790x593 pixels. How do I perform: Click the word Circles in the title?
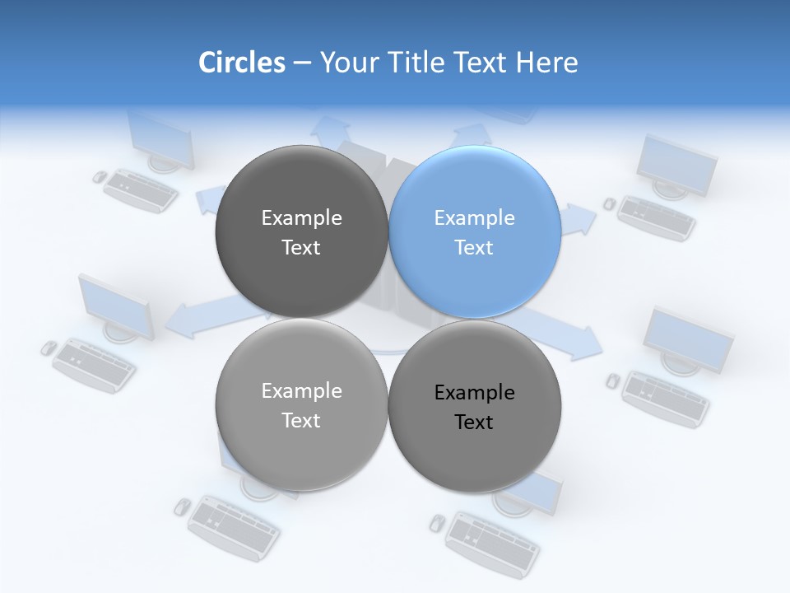pyautogui.click(x=241, y=63)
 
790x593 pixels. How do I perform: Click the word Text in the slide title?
pyautogui.click(x=481, y=63)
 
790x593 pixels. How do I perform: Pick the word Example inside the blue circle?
pyautogui.click(x=474, y=218)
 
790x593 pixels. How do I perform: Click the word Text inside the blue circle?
pyautogui.click(x=474, y=247)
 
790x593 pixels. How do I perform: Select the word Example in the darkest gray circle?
pyautogui.click(x=301, y=218)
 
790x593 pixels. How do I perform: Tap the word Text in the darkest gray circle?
pyautogui.click(x=301, y=247)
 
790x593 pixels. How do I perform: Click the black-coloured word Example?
pyautogui.click(x=474, y=393)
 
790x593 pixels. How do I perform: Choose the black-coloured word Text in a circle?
pyautogui.click(x=474, y=423)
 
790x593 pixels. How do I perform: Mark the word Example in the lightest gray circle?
pyautogui.click(x=301, y=391)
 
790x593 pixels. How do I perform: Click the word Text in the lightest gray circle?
pyautogui.click(x=301, y=420)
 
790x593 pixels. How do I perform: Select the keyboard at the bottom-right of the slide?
pyautogui.click(x=492, y=544)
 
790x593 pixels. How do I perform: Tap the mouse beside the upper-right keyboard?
pyautogui.click(x=610, y=203)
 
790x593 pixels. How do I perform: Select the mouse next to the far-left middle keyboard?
pyautogui.click(x=49, y=348)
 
